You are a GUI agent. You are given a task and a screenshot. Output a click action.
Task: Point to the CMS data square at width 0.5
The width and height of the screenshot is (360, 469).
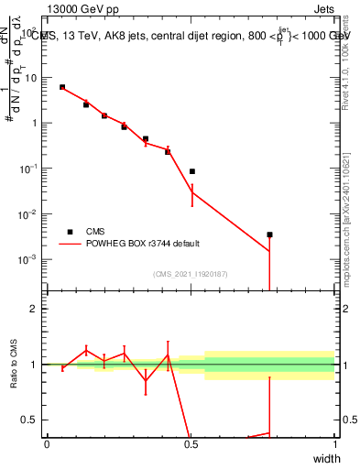click(192, 171)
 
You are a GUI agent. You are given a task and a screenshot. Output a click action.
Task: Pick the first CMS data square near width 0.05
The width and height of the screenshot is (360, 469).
click(62, 87)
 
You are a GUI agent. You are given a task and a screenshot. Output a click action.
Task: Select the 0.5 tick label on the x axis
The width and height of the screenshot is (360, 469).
click(191, 444)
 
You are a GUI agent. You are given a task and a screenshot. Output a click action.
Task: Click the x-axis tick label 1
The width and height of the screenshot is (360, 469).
click(334, 444)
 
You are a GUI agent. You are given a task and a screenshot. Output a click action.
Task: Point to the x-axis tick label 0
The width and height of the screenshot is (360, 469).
click(48, 444)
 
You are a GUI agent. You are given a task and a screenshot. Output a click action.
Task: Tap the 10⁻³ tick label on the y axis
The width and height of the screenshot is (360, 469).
click(29, 259)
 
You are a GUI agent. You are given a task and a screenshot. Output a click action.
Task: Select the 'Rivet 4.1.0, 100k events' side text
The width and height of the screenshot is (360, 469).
click(345, 57)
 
